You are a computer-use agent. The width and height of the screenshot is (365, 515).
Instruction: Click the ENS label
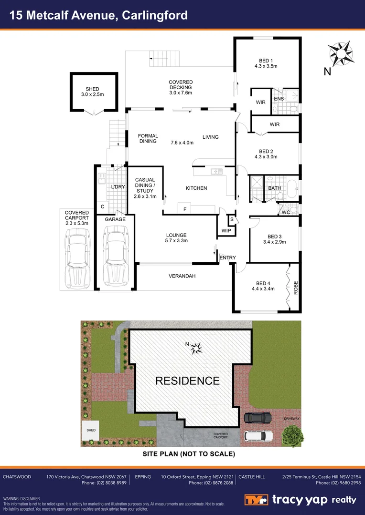coord(279,99)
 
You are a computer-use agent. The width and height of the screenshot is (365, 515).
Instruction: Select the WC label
coord(286,213)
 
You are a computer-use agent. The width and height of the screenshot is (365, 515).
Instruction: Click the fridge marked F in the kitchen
coord(184,209)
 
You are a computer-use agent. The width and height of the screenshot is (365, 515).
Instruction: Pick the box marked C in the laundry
coord(102,206)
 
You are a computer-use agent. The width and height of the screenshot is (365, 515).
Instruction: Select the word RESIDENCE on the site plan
coord(187,381)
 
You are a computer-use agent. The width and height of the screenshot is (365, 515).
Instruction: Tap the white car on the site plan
coord(258,435)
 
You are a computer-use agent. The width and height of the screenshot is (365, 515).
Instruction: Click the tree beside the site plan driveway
coord(292,434)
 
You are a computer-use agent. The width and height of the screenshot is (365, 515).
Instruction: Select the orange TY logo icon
coord(257,500)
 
